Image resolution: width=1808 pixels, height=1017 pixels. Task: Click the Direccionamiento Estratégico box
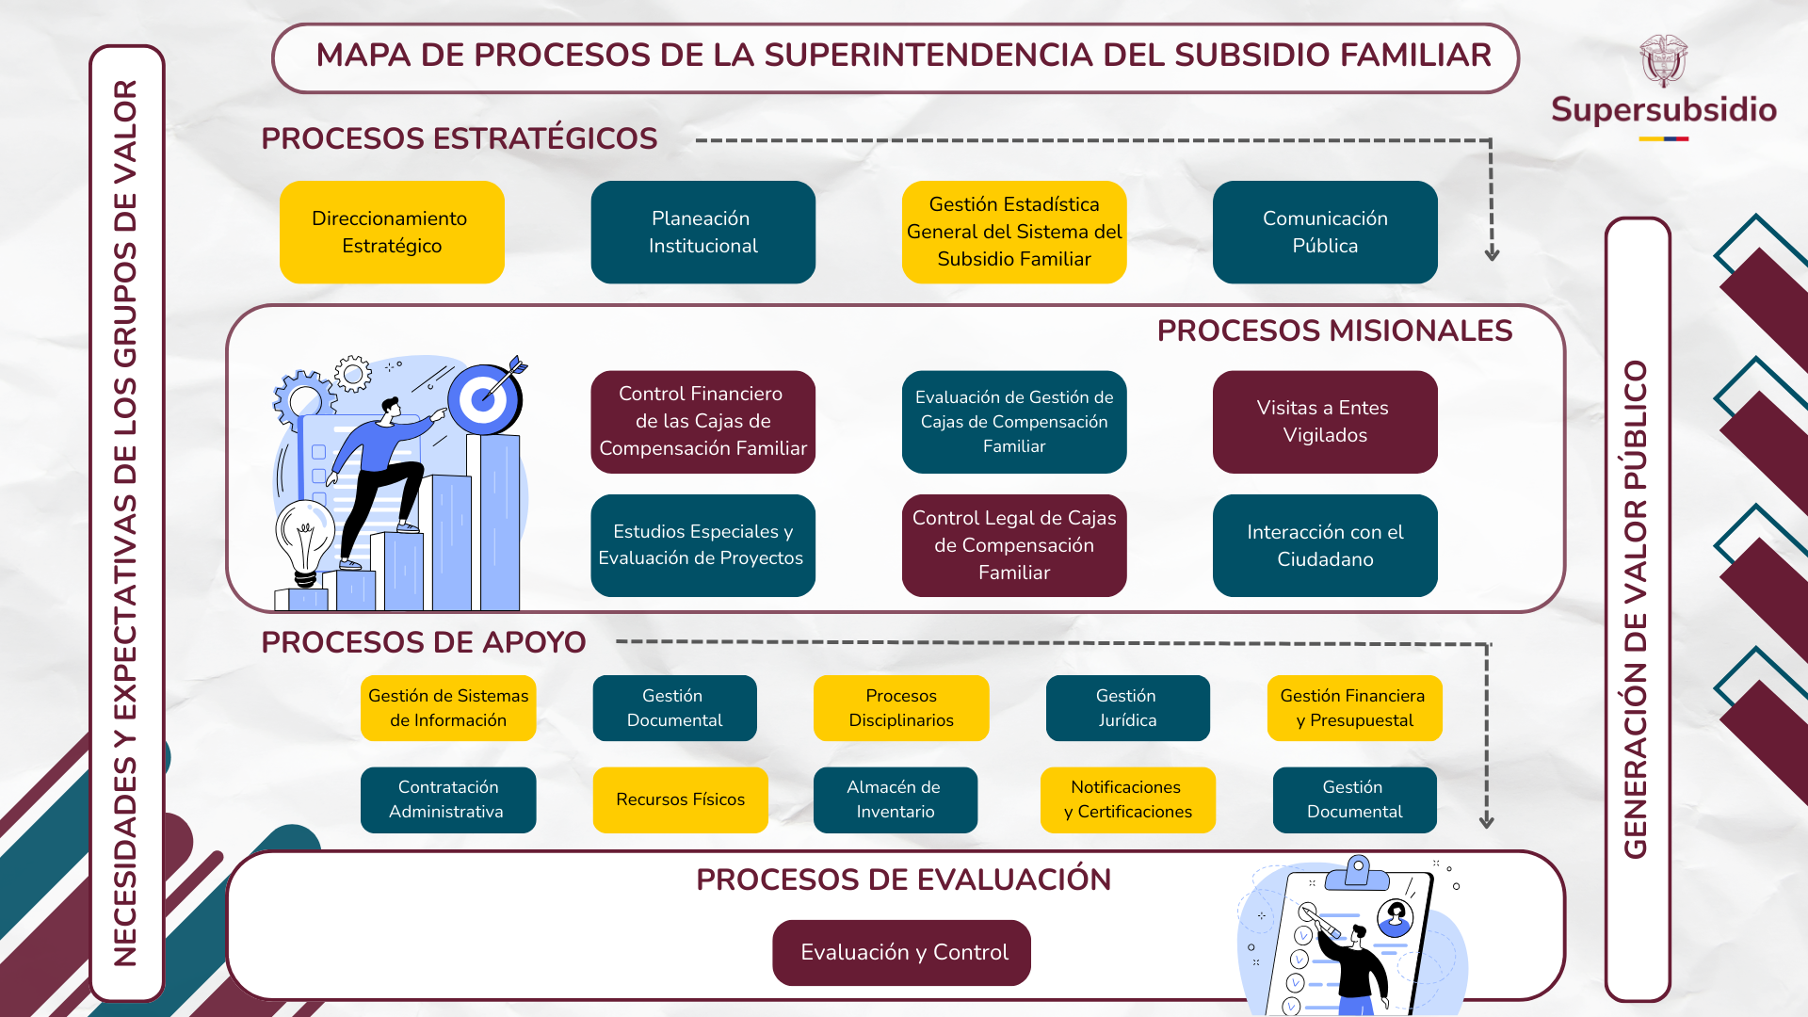(392, 232)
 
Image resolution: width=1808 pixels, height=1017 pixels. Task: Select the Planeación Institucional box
(702, 232)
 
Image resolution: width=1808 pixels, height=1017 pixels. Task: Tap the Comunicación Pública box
(1325, 232)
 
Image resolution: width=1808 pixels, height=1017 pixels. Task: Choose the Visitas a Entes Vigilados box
(1325, 422)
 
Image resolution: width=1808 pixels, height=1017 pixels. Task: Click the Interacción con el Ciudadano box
(1325, 545)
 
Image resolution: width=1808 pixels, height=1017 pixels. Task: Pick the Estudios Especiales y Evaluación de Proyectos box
(702, 545)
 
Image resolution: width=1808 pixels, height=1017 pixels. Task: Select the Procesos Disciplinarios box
(901, 708)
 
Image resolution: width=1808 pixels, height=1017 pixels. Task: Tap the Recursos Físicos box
(680, 799)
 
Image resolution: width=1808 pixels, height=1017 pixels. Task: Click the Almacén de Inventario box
(896, 799)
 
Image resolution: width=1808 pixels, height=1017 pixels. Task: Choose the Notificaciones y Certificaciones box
(1127, 799)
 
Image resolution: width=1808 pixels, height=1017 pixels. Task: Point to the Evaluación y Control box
(901, 953)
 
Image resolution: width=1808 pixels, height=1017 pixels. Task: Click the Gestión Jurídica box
(1127, 708)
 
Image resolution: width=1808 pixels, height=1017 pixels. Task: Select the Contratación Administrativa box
(448, 799)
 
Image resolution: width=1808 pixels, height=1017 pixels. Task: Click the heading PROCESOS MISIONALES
(1334, 331)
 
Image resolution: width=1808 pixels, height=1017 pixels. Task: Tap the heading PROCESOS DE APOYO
(423, 642)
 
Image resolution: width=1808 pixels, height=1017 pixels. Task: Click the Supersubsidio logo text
(1664, 110)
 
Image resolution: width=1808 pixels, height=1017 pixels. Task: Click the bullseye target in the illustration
(484, 398)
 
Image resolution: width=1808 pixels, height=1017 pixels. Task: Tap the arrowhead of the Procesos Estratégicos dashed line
(1492, 254)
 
